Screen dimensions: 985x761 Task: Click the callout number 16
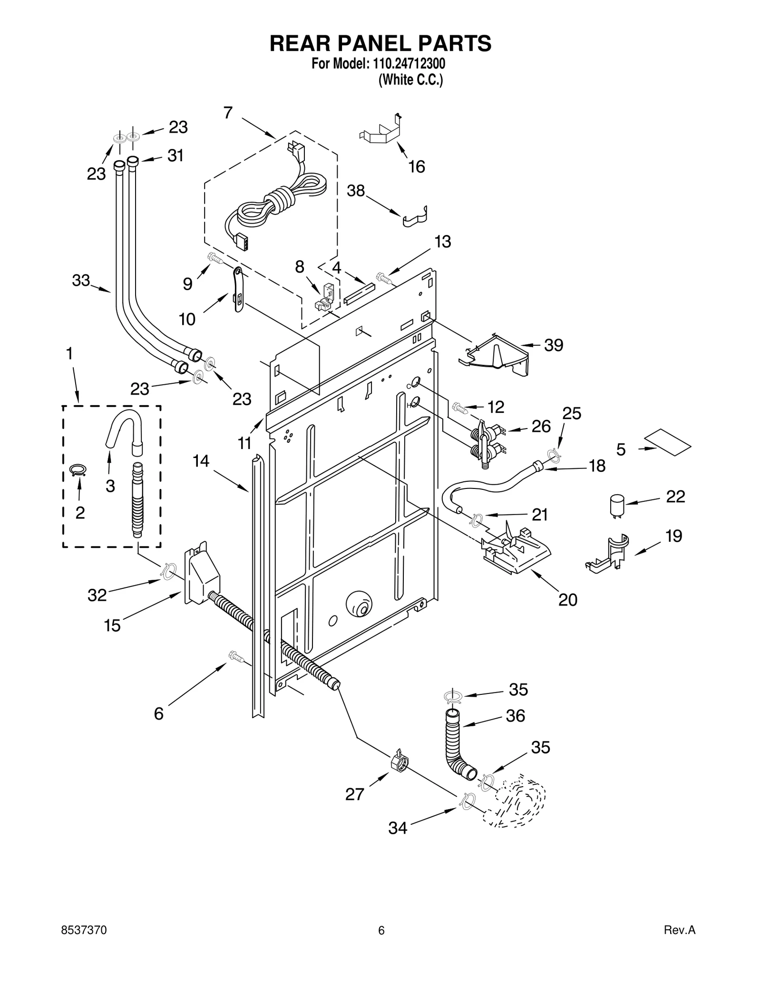417,166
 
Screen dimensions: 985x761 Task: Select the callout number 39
554,345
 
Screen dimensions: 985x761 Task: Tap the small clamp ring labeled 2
78,470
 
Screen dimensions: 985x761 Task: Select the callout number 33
81,281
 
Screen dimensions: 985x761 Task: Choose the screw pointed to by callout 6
236,657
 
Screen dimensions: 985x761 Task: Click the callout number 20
567,600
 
